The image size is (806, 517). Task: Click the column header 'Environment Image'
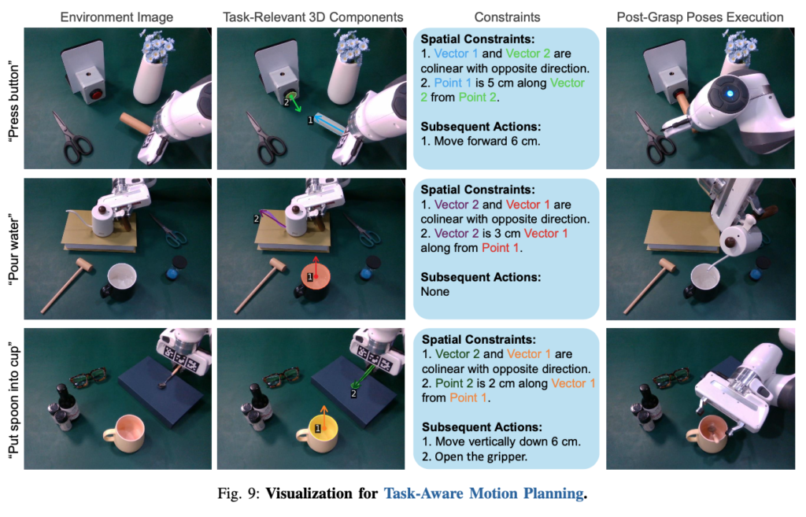pyautogui.click(x=116, y=17)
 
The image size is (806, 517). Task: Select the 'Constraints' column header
pyautogui.click(x=507, y=17)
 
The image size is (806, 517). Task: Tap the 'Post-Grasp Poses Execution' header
pyautogui.click(x=700, y=17)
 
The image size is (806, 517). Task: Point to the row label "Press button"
pyautogui.click(x=13, y=101)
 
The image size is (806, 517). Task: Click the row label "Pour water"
pyautogui.click(x=13, y=249)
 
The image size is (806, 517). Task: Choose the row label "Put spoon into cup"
pyautogui.click(x=13, y=399)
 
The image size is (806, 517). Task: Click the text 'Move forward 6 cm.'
pyautogui.click(x=486, y=141)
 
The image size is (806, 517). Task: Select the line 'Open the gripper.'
pyautogui.click(x=481, y=456)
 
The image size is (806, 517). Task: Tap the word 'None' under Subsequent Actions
pyautogui.click(x=434, y=291)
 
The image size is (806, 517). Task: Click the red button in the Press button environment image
pyautogui.click(x=97, y=94)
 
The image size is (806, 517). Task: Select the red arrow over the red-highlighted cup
pyautogui.click(x=316, y=267)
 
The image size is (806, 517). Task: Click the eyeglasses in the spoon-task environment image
pyautogui.click(x=88, y=378)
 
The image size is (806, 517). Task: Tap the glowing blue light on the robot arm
pyautogui.click(x=729, y=94)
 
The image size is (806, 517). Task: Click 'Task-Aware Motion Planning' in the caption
pyautogui.click(x=484, y=493)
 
